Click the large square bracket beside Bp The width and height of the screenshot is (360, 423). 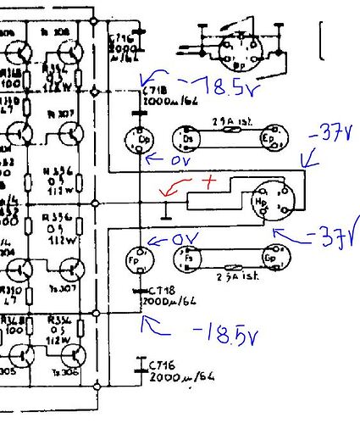tap(323, 41)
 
